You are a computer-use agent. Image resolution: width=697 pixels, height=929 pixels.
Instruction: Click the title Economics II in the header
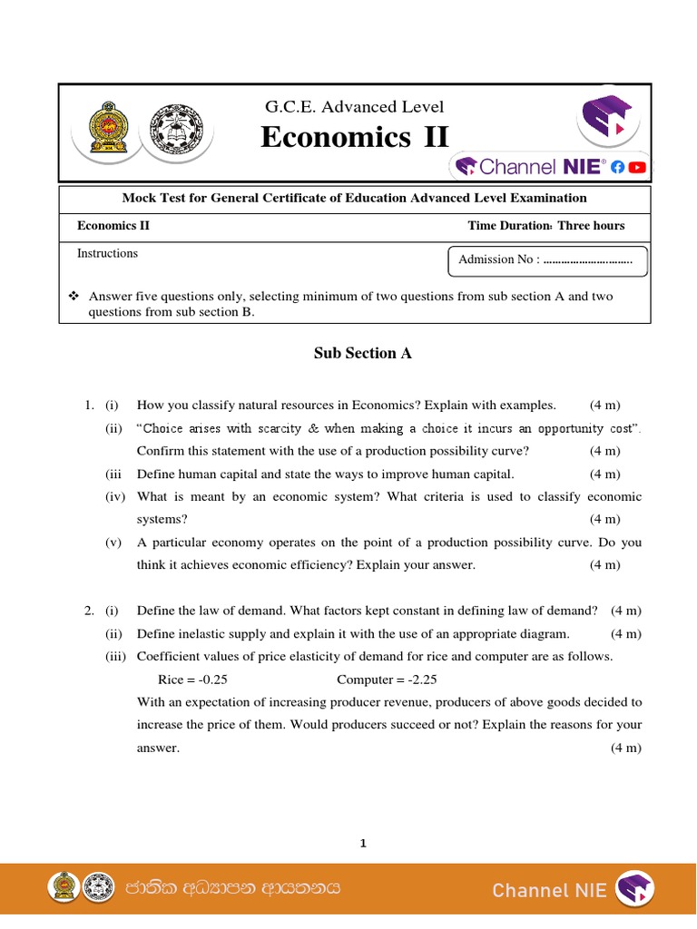(x=354, y=138)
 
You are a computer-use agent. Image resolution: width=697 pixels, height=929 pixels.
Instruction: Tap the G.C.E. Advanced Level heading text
(x=354, y=107)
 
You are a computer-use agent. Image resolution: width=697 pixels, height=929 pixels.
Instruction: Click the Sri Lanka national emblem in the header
(x=107, y=132)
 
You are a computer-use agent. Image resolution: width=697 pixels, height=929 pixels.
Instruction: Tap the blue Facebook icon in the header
(x=617, y=166)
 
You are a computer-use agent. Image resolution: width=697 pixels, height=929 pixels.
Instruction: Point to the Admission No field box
(x=548, y=259)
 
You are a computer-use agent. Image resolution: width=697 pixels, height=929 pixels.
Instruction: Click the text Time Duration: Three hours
(x=546, y=226)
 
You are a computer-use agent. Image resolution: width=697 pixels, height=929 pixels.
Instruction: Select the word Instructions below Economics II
(x=107, y=253)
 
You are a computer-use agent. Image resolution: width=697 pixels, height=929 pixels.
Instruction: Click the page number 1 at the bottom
(x=363, y=844)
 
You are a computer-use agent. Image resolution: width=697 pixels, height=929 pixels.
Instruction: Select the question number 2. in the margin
(x=88, y=611)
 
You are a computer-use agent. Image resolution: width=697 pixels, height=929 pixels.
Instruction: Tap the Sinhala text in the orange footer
(x=233, y=888)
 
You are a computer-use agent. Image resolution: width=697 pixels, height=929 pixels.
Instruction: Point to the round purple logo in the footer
(x=634, y=889)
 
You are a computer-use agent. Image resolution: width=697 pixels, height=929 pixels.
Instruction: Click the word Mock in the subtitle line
(x=139, y=198)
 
